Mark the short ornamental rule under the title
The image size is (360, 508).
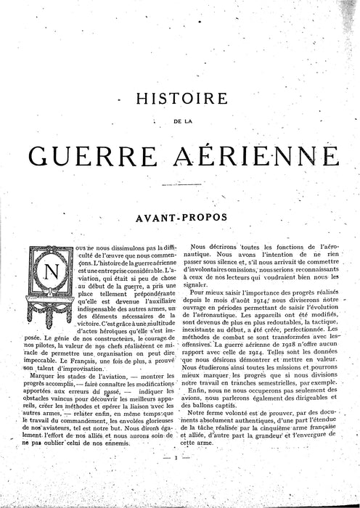tap(179, 185)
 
